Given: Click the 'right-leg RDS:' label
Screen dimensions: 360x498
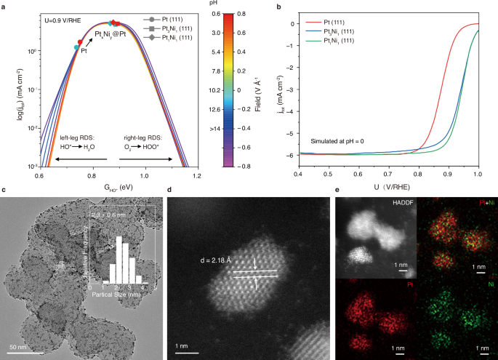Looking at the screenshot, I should click(142, 136).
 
